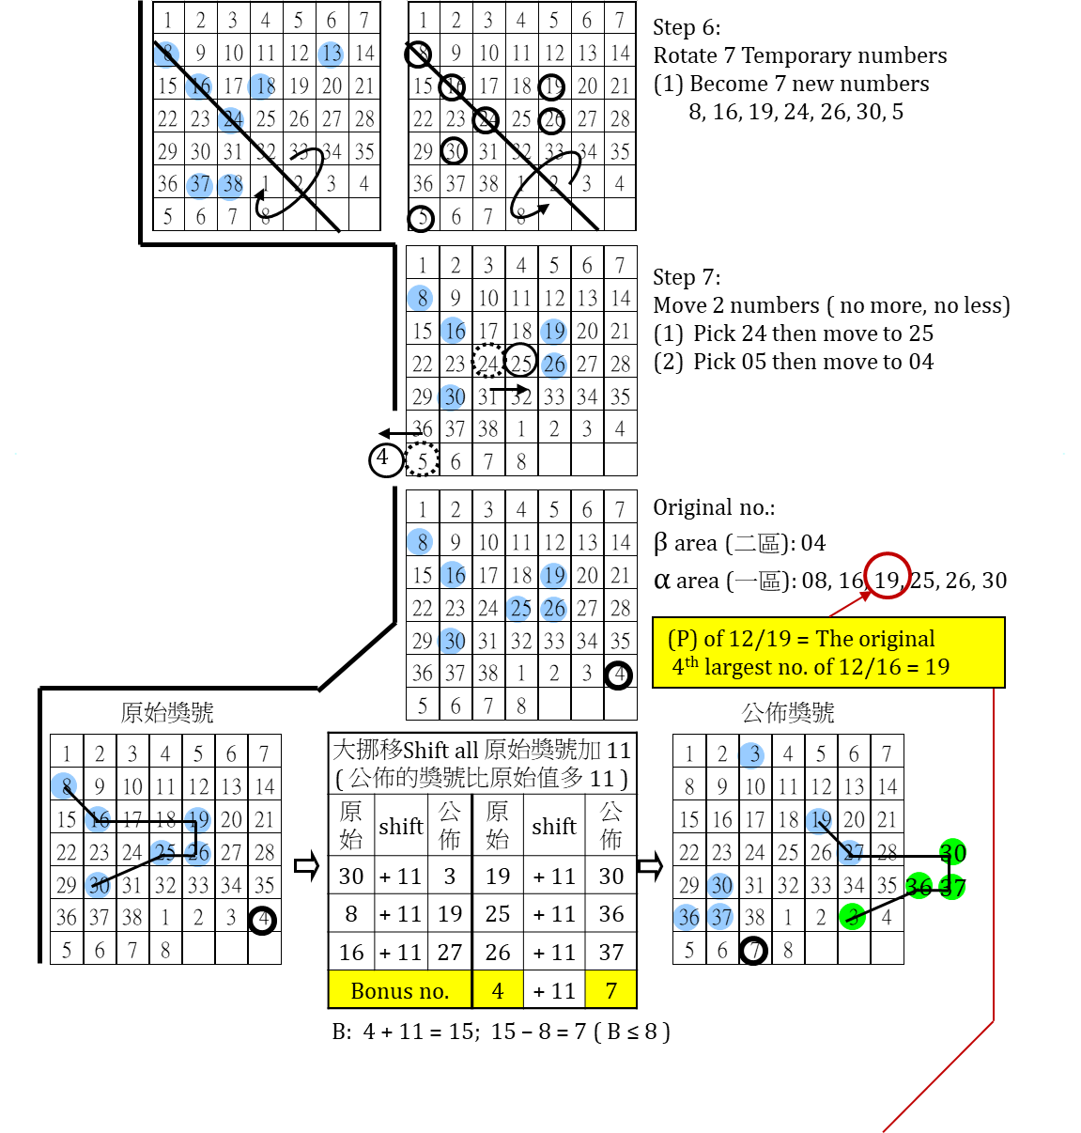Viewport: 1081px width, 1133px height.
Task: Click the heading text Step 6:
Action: (687, 27)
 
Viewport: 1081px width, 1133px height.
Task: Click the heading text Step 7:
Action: (687, 277)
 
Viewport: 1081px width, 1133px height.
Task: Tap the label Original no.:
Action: (714, 508)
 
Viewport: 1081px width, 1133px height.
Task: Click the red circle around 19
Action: (888, 576)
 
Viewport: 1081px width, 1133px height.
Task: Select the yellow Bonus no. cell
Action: (399, 990)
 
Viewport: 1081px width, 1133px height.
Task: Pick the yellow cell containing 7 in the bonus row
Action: (610, 990)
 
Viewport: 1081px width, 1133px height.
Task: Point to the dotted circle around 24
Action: (488, 362)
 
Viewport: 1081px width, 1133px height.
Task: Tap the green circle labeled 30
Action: (952, 852)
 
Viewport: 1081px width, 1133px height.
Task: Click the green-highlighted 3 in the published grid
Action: (853, 916)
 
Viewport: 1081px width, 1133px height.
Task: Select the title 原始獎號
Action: (167, 713)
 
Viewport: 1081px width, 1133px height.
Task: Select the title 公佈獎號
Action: (788, 713)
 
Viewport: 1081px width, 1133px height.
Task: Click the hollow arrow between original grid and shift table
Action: (306, 865)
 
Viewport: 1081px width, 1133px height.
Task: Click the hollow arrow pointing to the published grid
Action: (650, 865)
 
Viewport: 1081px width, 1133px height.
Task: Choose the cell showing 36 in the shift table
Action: (610, 914)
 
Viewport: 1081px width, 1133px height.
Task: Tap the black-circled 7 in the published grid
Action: (754, 951)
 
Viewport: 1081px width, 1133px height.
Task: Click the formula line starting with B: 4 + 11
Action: (501, 1032)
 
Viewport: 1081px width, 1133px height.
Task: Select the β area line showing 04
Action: (739, 543)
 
